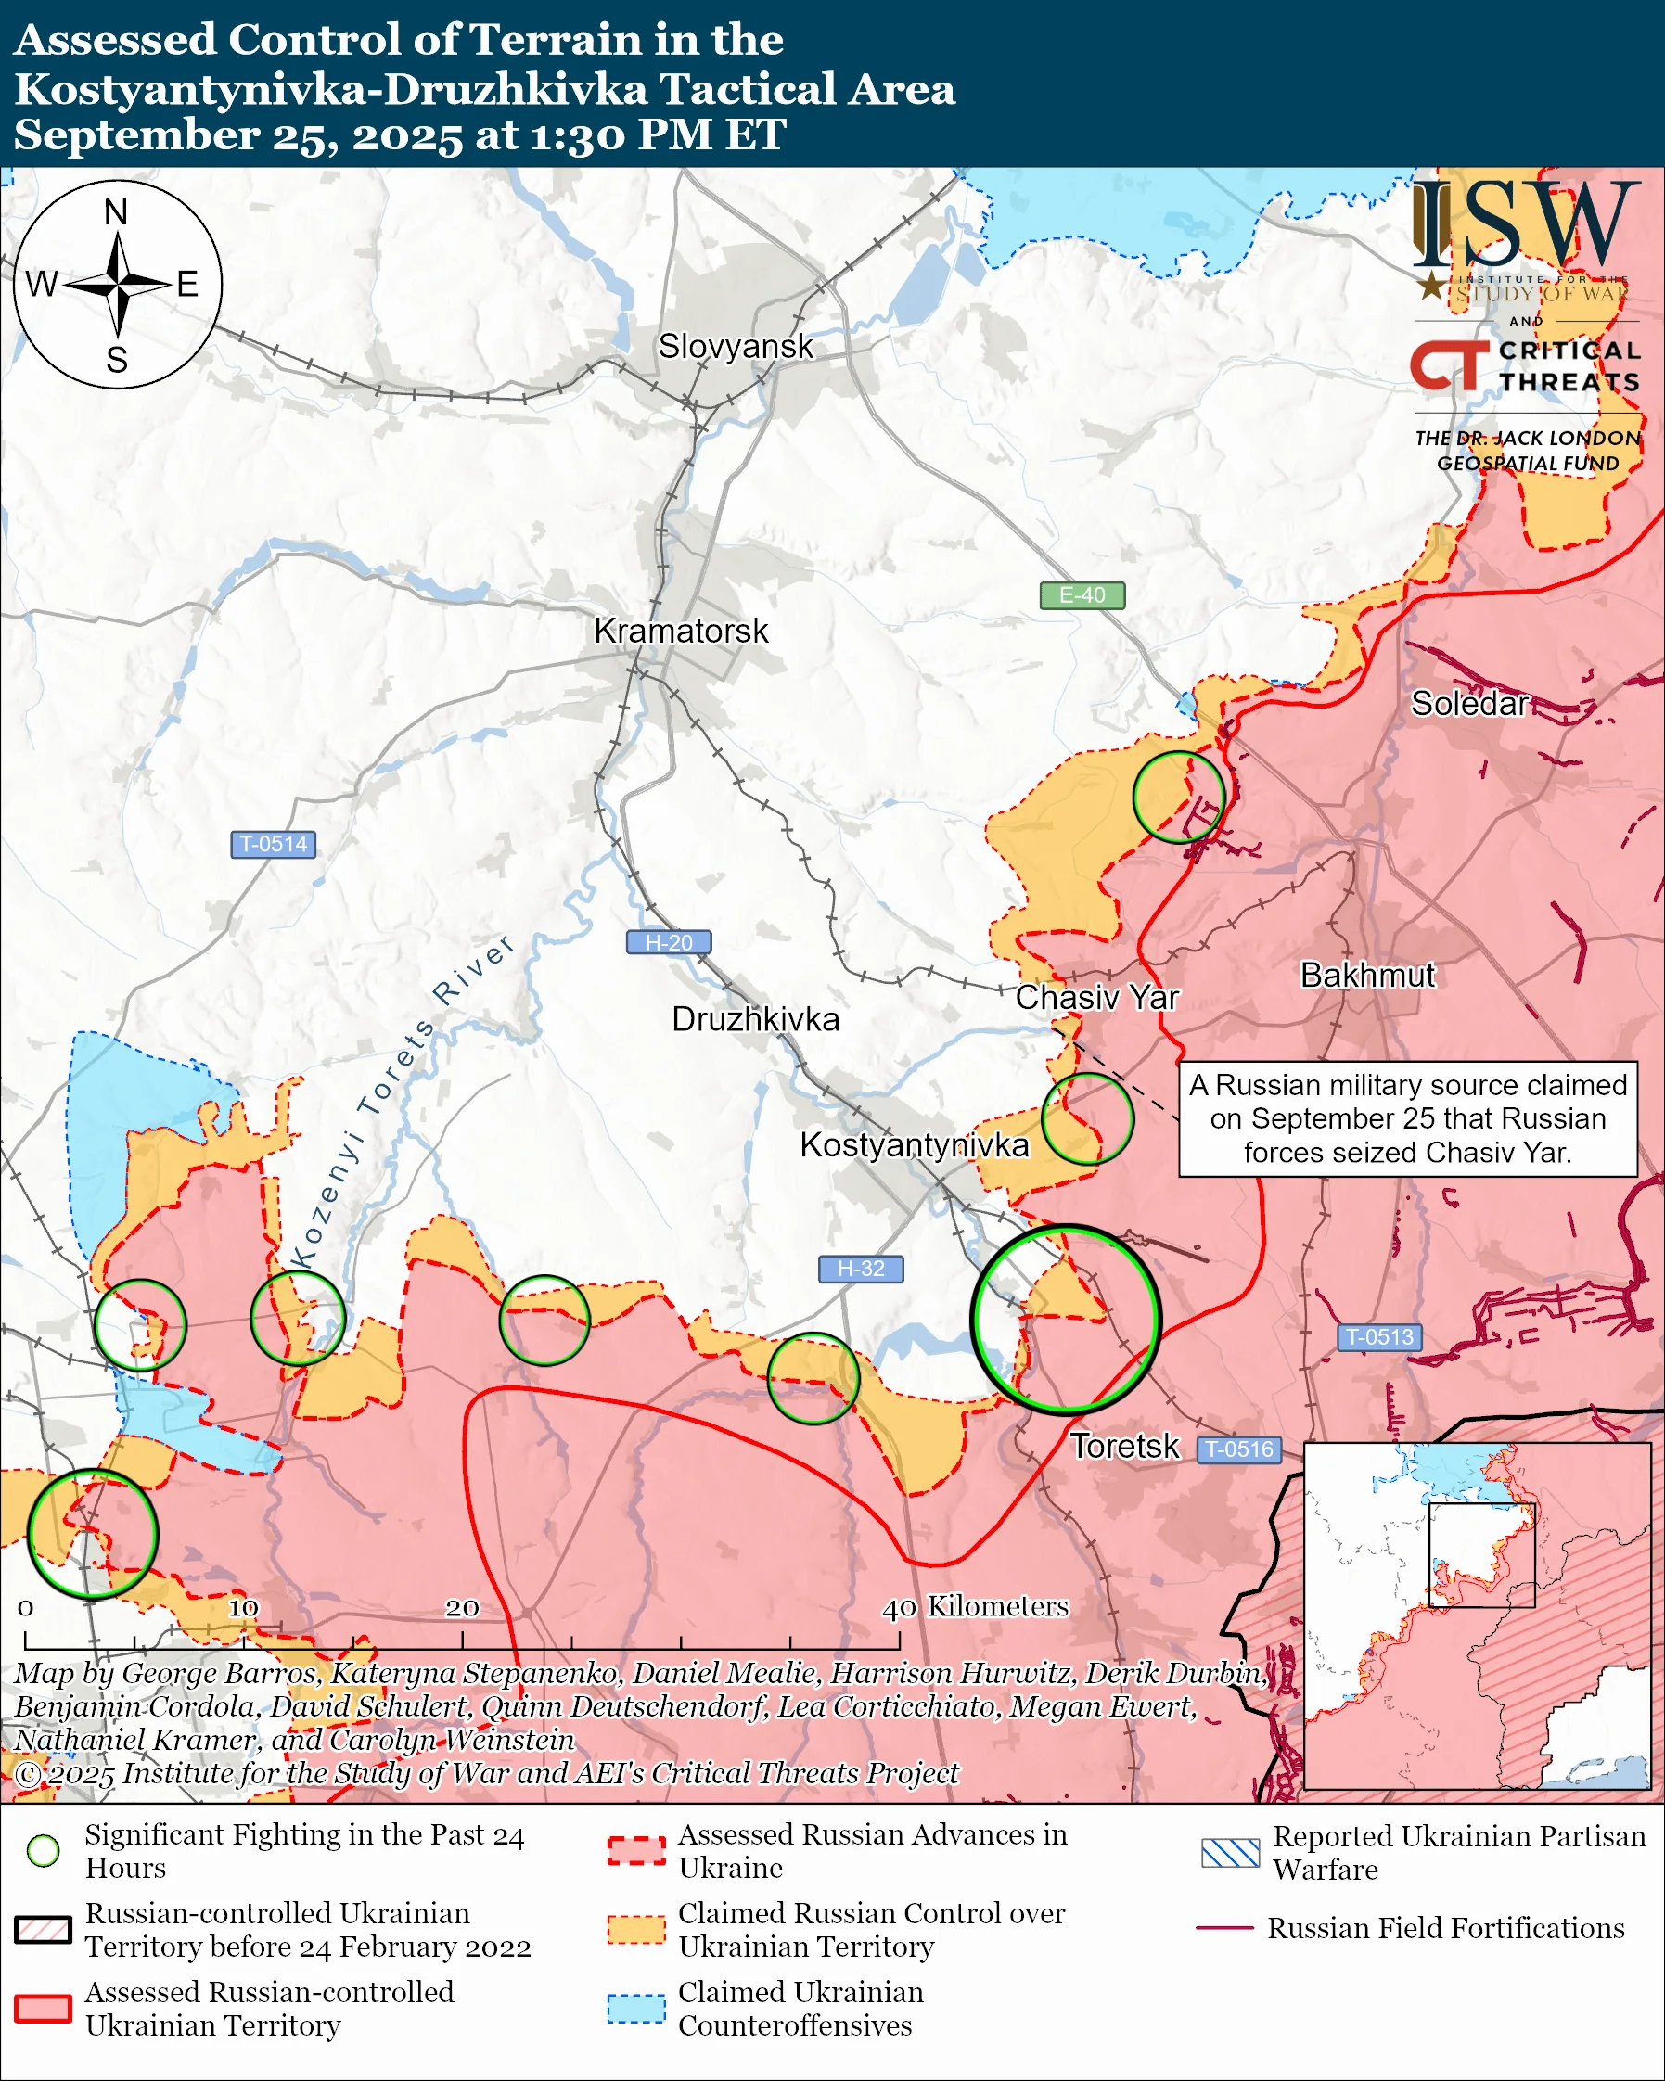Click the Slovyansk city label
(736, 347)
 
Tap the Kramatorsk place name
(681, 632)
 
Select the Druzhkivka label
(755, 1019)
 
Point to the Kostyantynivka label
(914, 1144)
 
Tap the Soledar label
(1469, 704)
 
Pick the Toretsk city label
(1123, 1446)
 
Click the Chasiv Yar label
(1096, 997)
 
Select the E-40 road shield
(1081, 595)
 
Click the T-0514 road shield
(273, 844)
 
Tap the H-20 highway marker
(668, 942)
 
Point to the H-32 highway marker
(860, 1269)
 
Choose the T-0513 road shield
(1378, 1337)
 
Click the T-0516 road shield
(1239, 1449)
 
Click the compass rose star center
(118, 285)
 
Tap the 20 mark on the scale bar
(461, 1608)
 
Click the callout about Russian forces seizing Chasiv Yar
(1407, 1118)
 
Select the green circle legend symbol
(44, 1850)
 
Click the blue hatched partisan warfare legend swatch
(1230, 1852)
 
